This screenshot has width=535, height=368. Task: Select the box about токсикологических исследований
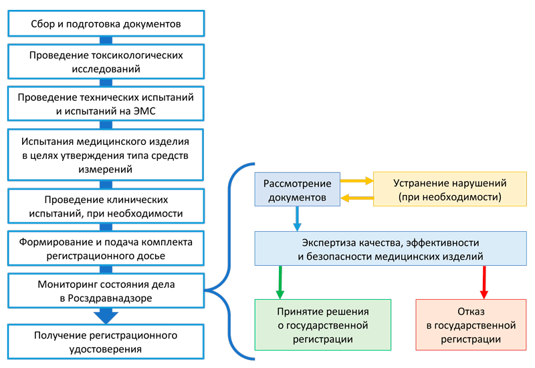point(106,61)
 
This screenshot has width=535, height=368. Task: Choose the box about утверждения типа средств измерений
point(106,156)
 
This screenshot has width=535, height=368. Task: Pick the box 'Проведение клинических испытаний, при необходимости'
point(106,207)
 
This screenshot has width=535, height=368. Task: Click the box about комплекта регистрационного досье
point(106,248)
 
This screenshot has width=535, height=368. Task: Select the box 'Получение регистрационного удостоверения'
point(106,341)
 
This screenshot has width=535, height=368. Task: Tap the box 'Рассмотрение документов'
point(295,190)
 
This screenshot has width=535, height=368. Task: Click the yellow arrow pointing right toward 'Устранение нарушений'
point(356,180)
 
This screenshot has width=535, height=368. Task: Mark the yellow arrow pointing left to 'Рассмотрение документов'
point(356,198)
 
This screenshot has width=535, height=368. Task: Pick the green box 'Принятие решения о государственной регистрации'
point(323,325)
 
